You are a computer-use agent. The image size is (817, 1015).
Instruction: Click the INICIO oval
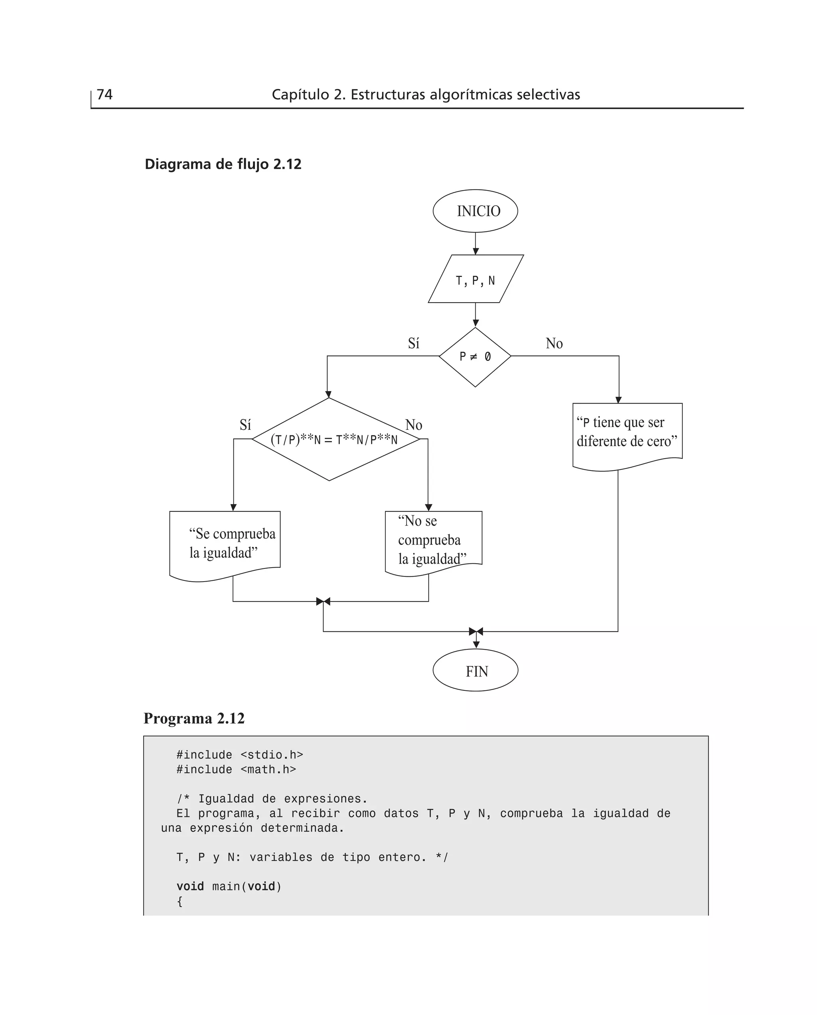(x=476, y=211)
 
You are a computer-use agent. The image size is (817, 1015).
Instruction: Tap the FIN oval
(x=476, y=671)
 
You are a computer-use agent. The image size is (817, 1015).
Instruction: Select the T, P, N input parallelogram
(x=476, y=279)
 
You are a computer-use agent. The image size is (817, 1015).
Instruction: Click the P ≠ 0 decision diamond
(x=476, y=357)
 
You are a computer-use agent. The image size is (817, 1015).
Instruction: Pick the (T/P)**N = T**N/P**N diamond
(x=334, y=440)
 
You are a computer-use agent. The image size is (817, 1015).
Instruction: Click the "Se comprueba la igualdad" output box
(x=225, y=544)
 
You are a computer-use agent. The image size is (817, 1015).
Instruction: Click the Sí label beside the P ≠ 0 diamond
(x=414, y=344)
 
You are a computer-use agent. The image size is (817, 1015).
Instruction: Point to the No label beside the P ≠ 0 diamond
(x=554, y=344)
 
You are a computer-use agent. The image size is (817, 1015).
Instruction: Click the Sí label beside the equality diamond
(x=245, y=425)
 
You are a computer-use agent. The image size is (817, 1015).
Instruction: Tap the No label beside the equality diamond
(x=414, y=425)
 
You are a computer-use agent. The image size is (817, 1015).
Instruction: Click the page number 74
(x=105, y=95)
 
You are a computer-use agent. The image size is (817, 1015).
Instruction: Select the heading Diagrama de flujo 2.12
(x=223, y=164)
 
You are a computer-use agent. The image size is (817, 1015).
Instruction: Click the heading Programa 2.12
(x=194, y=718)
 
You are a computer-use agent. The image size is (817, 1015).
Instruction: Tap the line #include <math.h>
(x=236, y=770)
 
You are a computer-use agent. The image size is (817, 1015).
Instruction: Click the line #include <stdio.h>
(x=239, y=755)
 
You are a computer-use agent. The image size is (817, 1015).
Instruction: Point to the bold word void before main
(x=190, y=886)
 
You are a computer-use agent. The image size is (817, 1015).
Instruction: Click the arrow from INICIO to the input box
(x=476, y=243)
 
